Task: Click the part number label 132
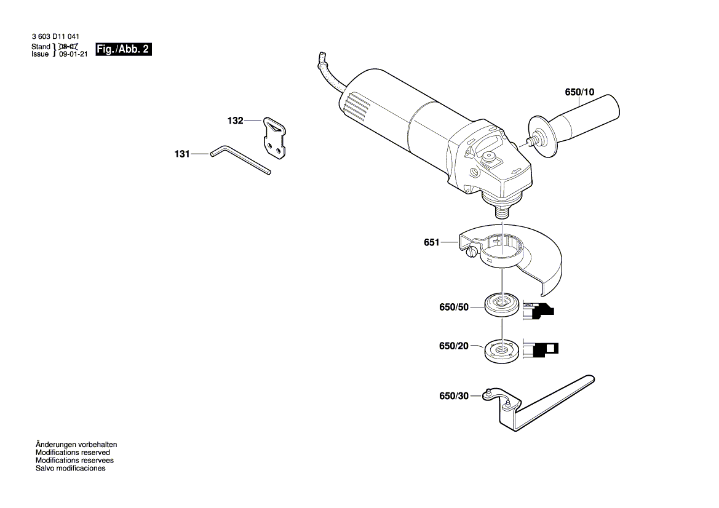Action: [x=235, y=121]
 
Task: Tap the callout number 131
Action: [x=181, y=154]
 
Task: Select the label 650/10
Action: [x=579, y=92]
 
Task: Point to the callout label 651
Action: [x=431, y=243]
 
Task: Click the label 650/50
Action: [x=454, y=306]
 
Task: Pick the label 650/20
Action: [x=454, y=346]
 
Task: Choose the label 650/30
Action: [x=454, y=397]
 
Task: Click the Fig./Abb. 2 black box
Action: [x=124, y=49]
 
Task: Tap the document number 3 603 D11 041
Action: [x=55, y=38]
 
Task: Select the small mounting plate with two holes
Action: [x=276, y=138]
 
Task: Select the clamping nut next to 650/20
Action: [x=501, y=351]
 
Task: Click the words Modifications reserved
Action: [x=73, y=452]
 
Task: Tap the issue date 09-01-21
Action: [x=73, y=54]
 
